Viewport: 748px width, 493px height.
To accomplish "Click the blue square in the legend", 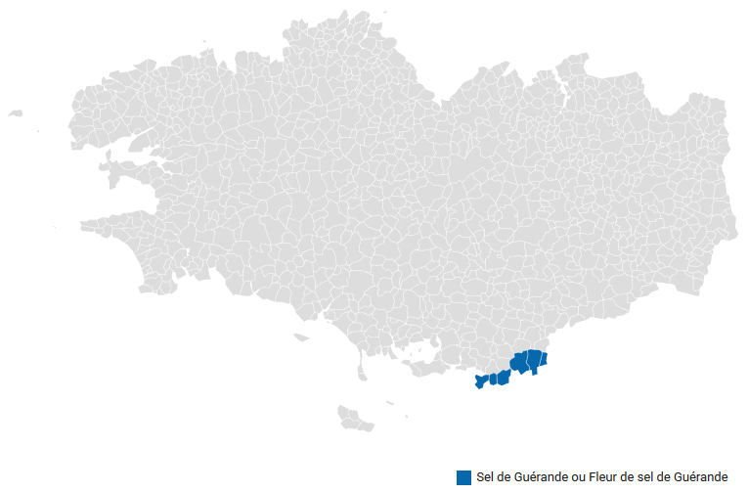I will pyautogui.click(x=463, y=477).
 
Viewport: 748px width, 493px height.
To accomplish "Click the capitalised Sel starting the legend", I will pyautogui.click(x=485, y=477).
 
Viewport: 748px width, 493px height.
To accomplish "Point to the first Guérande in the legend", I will pyautogui.click(x=537, y=477).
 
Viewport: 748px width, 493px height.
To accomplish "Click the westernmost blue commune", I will pyautogui.click(x=479, y=381).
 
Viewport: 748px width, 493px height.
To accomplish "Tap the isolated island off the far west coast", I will pyautogui.click(x=15, y=113).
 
